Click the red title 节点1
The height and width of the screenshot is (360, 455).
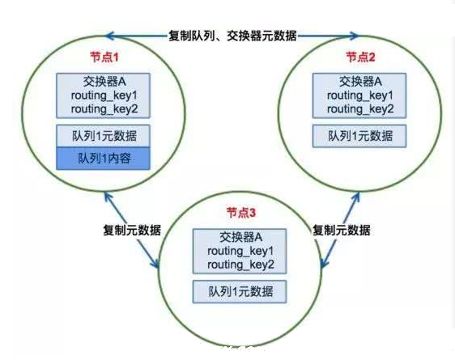(104, 57)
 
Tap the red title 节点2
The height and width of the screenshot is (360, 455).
(361, 57)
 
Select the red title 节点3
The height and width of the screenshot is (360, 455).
(241, 213)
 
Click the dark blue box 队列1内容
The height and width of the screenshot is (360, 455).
(104, 159)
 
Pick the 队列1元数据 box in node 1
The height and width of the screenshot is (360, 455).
(104, 136)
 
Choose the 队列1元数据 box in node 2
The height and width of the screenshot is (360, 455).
(359, 136)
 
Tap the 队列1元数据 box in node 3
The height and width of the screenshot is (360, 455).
(240, 291)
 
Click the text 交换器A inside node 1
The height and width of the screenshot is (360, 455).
(104, 82)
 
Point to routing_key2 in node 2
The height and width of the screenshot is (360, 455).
(360, 109)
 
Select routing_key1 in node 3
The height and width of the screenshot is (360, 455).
(240, 251)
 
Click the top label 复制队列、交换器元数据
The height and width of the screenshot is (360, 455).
(232, 36)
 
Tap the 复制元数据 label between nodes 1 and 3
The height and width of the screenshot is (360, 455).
(132, 230)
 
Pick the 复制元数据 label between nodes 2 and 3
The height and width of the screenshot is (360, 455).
(342, 230)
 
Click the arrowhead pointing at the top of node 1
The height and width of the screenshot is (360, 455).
(108, 36)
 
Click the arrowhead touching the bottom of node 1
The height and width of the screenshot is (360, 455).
(107, 197)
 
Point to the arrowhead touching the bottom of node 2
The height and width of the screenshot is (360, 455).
(356, 197)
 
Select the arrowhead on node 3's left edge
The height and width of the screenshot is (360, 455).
(156, 263)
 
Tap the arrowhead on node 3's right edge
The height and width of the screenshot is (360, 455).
(324, 263)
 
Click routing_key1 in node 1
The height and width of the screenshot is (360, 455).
(104, 95)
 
